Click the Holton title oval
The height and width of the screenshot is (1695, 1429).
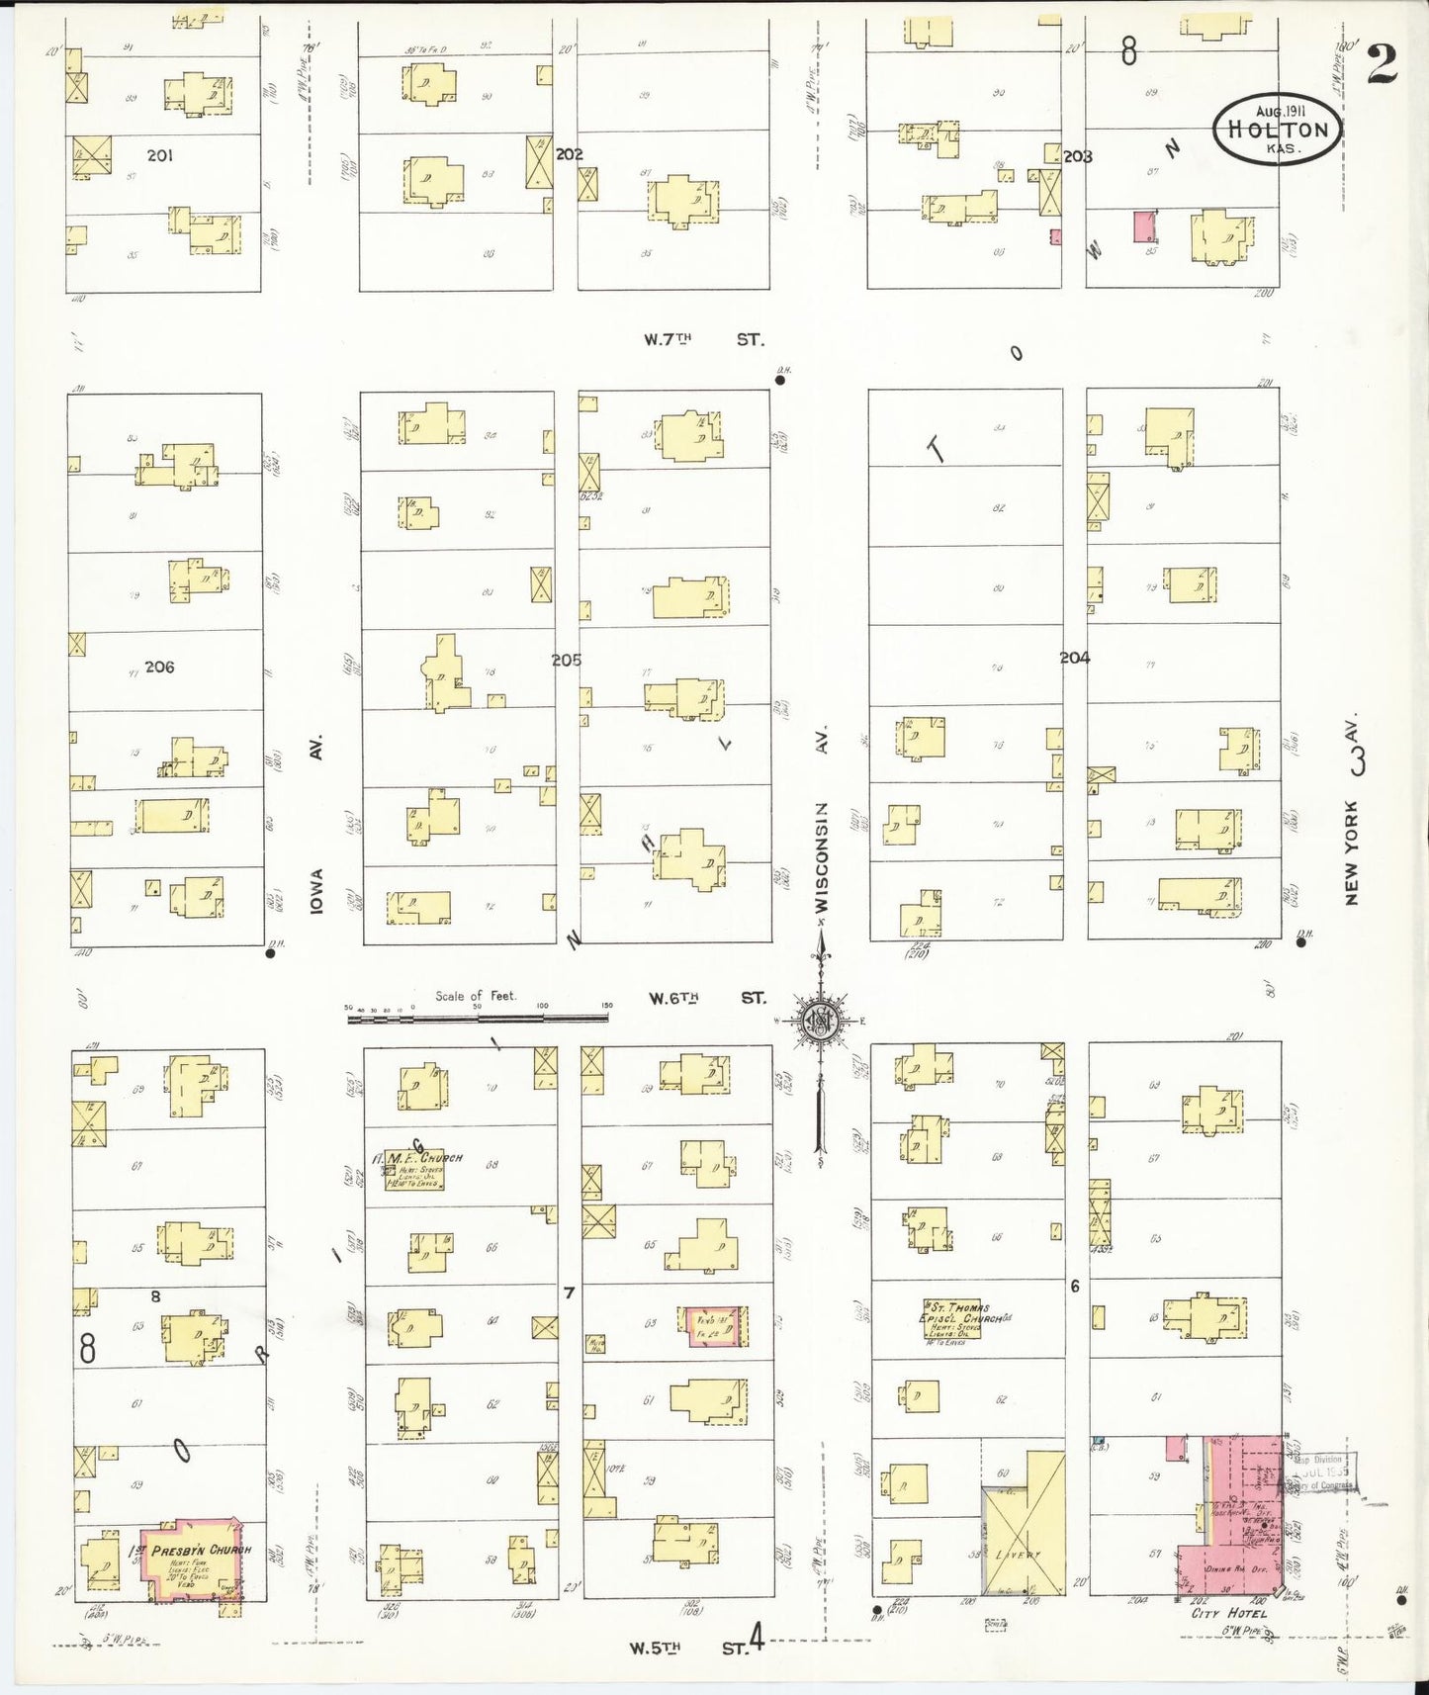pos(1277,130)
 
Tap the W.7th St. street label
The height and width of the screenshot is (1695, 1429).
pos(703,339)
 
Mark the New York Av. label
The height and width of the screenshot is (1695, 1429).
pos(1352,811)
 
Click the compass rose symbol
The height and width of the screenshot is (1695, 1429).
pos(820,1022)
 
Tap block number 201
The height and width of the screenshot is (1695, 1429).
pos(159,155)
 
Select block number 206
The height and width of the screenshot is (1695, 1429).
pos(159,667)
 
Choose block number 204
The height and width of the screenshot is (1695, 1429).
pos(1074,658)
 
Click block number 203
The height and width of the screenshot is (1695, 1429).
pos(1077,156)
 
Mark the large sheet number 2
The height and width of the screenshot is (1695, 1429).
pos(1382,64)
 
